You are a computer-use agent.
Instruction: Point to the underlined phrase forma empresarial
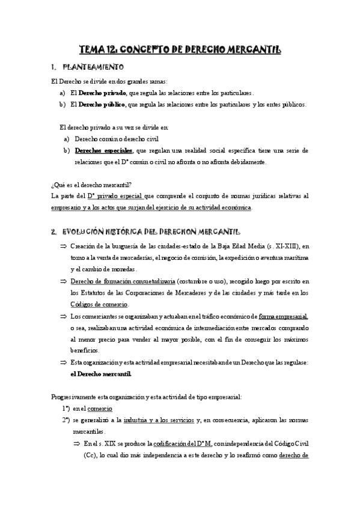(283, 316)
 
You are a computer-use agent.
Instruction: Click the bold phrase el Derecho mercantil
(100, 373)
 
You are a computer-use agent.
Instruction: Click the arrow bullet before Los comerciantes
(63, 316)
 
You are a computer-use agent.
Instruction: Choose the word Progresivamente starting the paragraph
(72, 396)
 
